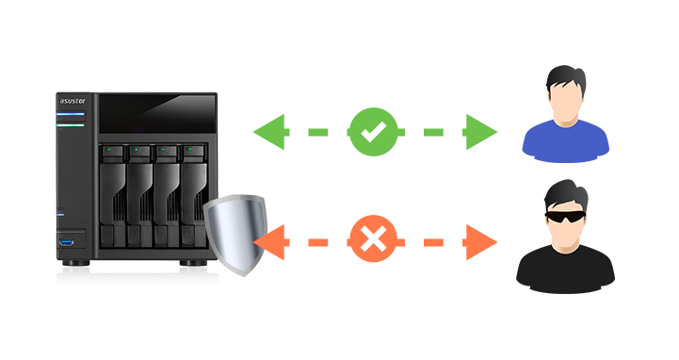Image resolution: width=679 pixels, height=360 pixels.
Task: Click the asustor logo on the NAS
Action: (73, 101)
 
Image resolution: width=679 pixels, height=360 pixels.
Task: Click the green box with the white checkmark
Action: (373, 132)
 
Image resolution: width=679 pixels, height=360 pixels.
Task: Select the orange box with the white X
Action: (373, 239)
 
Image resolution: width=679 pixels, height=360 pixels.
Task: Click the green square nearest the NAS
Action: (268, 132)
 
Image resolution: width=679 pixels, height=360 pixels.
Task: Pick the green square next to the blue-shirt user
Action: (482, 132)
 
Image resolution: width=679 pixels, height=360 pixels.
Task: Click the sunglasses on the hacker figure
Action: (564, 216)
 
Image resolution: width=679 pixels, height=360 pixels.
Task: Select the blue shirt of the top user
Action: (565, 141)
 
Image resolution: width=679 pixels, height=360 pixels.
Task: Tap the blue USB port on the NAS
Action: (70, 244)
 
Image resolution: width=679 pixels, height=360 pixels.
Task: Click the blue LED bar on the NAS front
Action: (71, 115)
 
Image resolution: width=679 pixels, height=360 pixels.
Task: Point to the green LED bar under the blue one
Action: (71, 124)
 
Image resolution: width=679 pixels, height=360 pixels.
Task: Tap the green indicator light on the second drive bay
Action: (137, 149)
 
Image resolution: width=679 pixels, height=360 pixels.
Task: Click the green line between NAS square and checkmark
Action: (316, 132)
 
